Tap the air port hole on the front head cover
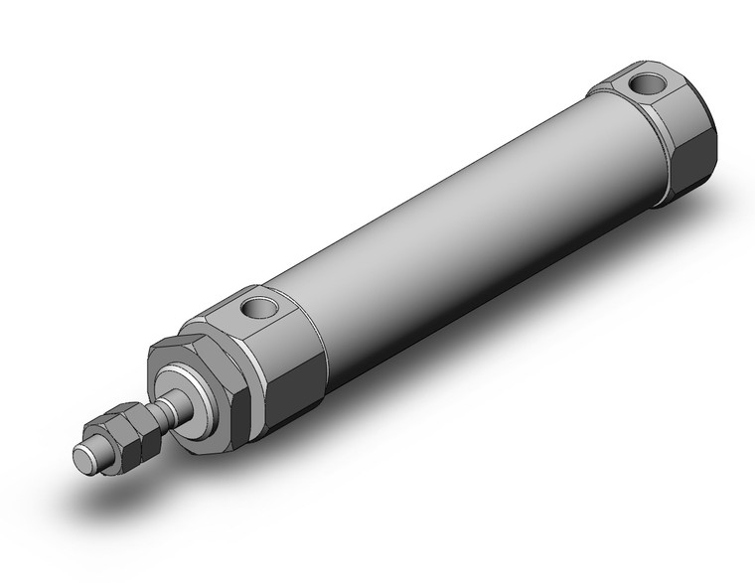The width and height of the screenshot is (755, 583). pos(262,307)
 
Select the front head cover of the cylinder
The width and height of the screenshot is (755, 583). pos(273,348)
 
